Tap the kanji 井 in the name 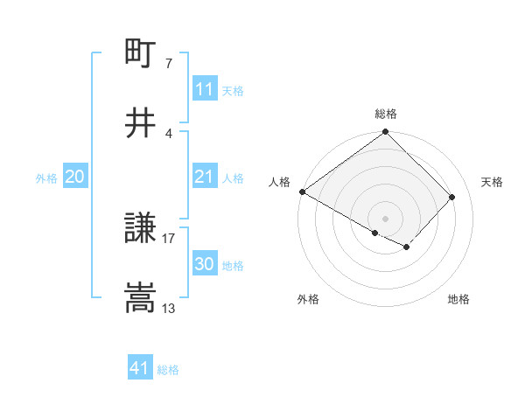click(x=141, y=122)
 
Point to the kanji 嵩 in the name click(x=141, y=297)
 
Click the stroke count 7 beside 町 click(x=169, y=64)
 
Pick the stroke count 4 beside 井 click(x=169, y=133)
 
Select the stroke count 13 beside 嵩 click(x=169, y=308)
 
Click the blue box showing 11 click(x=205, y=89)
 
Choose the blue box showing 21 click(x=205, y=178)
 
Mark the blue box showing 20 click(x=75, y=178)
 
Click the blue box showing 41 click(x=140, y=369)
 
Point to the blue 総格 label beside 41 click(x=168, y=370)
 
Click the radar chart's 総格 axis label click(x=386, y=114)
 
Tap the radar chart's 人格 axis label click(x=279, y=182)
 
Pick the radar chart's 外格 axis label click(x=308, y=300)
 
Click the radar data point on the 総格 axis click(x=386, y=133)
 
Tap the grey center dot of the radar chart click(x=386, y=218)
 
